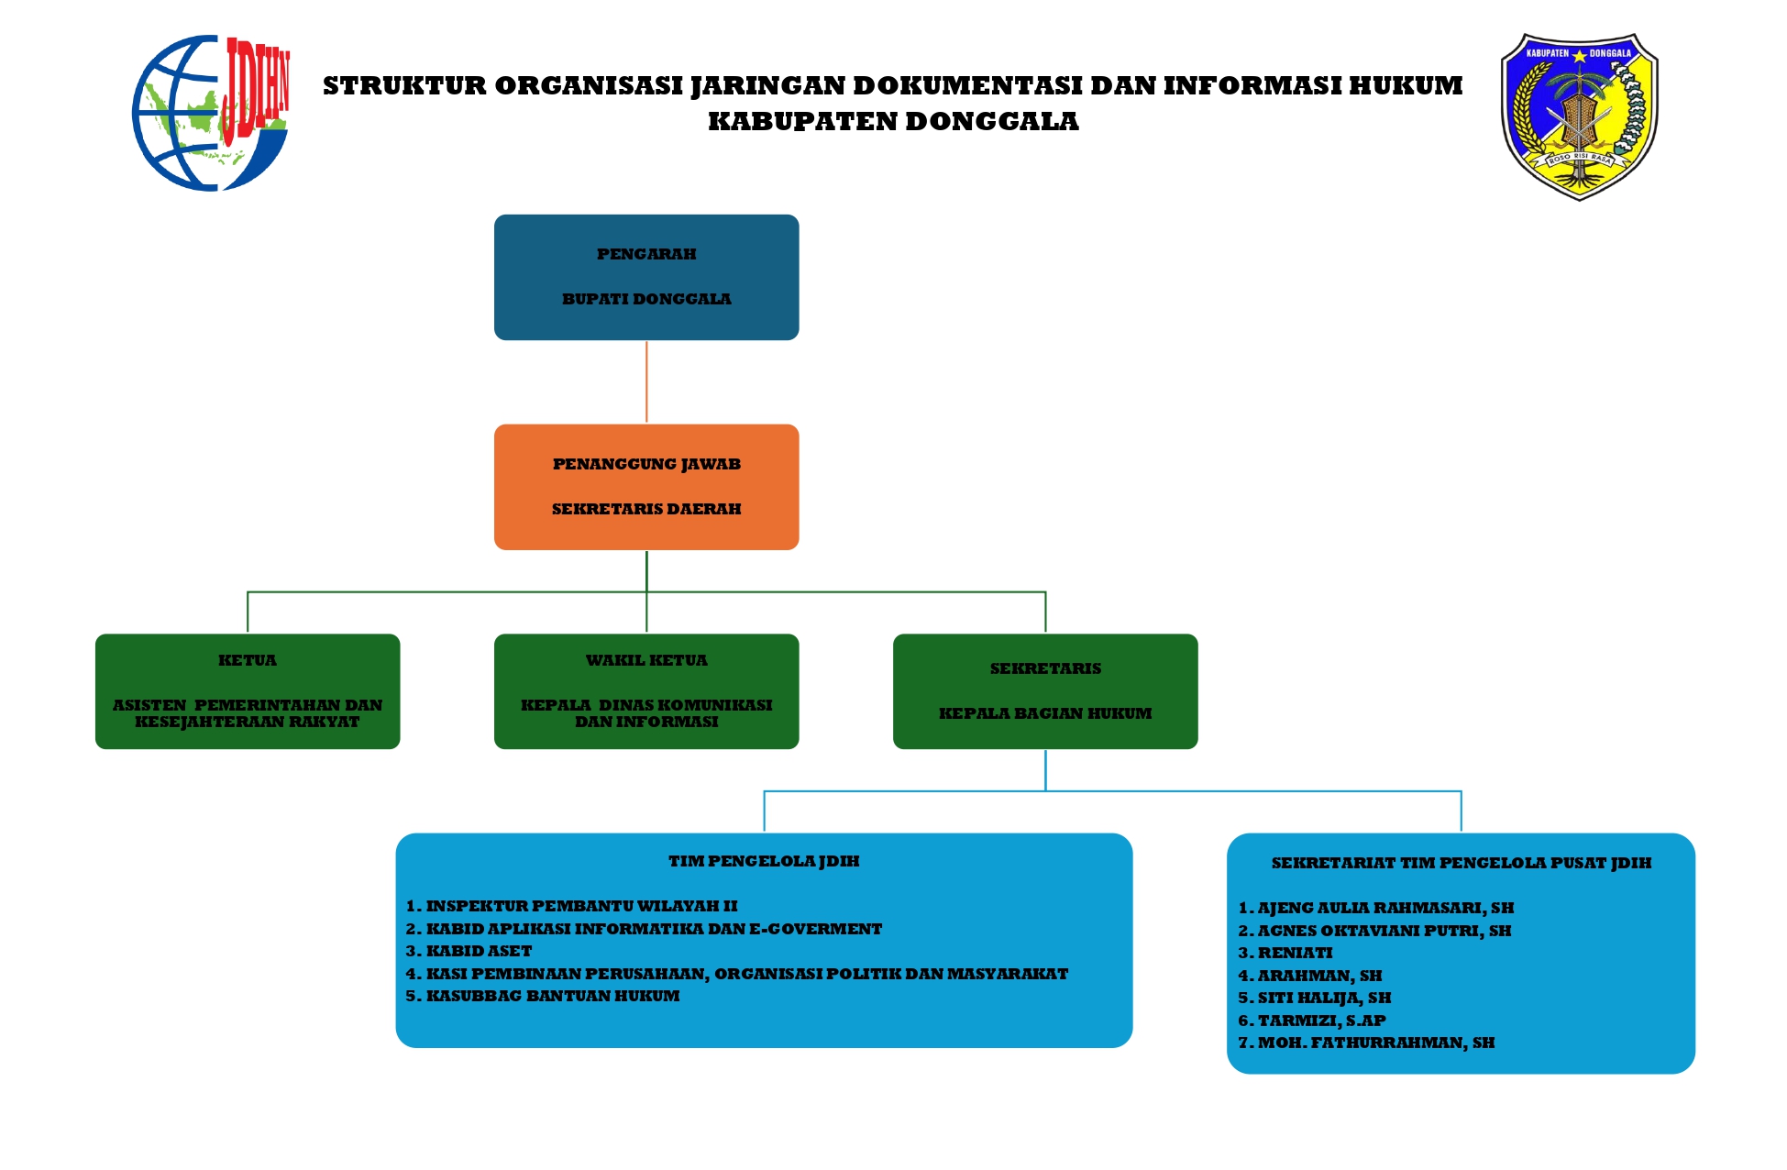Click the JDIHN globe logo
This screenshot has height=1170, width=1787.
pyautogui.click(x=211, y=113)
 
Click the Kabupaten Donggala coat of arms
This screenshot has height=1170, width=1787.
pyautogui.click(x=1579, y=116)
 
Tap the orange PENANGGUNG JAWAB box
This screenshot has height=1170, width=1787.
pyautogui.click(x=645, y=486)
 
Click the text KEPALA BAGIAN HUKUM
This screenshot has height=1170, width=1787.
pyautogui.click(x=1044, y=713)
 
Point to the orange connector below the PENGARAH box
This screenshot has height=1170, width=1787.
pyautogui.click(x=646, y=381)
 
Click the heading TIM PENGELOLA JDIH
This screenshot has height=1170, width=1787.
pyautogui.click(x=764, y=861)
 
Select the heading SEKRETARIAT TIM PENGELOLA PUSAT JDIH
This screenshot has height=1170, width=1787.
pyautogui.click(x=1461, y=863)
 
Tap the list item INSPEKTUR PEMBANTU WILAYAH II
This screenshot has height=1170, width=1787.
pyautogui.click(x=581, y=906)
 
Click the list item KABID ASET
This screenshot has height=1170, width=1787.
pyautogui.click(x=479, y=951)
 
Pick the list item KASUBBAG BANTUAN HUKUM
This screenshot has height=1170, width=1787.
pyautogui.click(x=552, y=996)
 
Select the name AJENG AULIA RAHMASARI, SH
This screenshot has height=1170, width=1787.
pyautogui.click(x=1384, y=908)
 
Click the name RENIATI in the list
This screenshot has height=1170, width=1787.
pyautogui.click(x=1295, y=953)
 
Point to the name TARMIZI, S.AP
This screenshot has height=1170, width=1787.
pyautogui.click(x=1321, y=1021)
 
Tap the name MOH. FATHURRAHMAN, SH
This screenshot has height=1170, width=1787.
pyautogui.click(x=1375, y=1043)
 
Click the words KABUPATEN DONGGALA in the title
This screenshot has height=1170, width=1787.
pyautogui.click(x=893, y=121)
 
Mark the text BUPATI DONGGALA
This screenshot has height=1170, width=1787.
pyautogui.click(x=645, y=299)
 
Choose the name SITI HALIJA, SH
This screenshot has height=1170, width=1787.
pyautogui.click(x=1324, y=998)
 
